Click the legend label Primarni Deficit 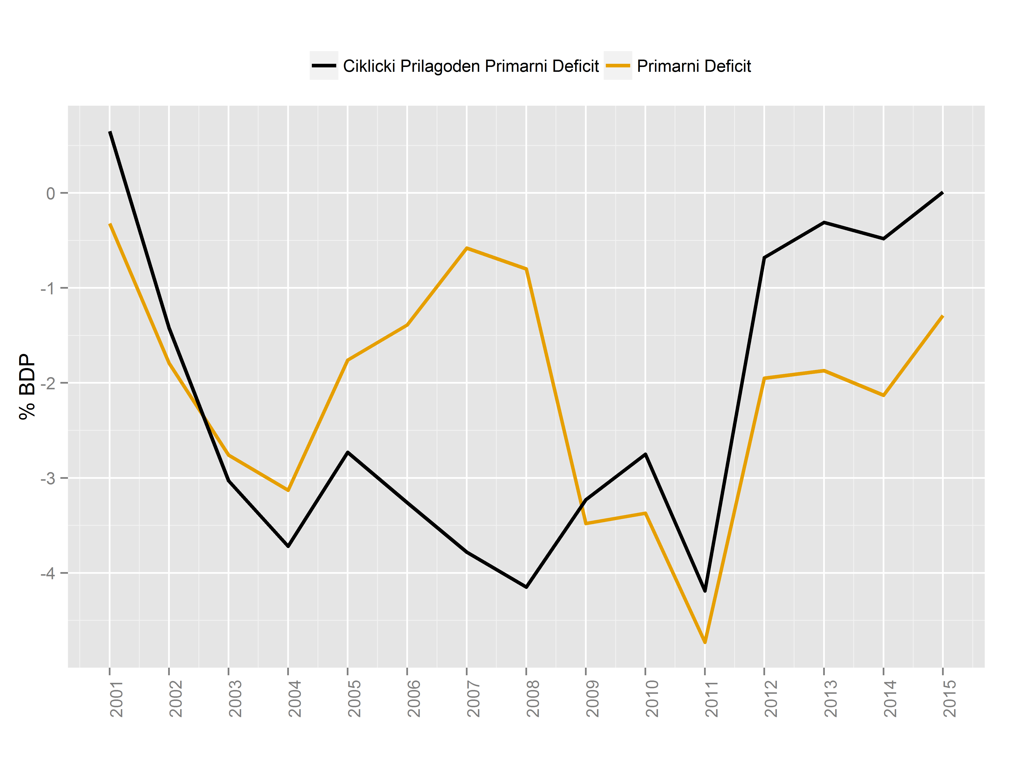pos(694,66)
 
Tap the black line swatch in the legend pos(324,66)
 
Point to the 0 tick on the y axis pos(51,193)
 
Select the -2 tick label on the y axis pos(48,383)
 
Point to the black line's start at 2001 pos(110,132)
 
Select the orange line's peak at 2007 pos(467,248)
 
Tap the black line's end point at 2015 pos(942,193)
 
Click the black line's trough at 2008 pos(526,587)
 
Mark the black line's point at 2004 pos(288,546)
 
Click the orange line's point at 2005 pos(348,360)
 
